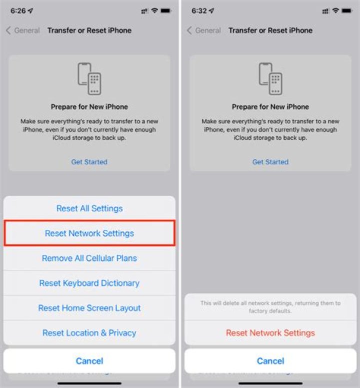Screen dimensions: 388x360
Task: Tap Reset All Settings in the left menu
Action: pos(89,208)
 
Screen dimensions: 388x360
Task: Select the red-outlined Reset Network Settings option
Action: pos(89,233)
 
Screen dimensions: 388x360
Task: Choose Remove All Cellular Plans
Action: pos(89,258)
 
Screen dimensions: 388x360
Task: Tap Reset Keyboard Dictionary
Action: pos(89,283)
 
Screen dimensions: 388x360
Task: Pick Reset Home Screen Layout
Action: pos(89,308)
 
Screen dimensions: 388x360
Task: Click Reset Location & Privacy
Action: pos(89,333)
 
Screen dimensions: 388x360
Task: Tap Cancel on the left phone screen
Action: pos(89,360)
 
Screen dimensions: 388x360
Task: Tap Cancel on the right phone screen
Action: pos(270,360)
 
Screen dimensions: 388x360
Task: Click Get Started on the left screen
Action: pos(89,162)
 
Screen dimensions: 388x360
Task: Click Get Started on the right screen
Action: pos(270,162)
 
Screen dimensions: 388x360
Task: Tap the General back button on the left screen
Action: pos(23,31)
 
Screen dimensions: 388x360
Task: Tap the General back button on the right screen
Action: pos(204,31)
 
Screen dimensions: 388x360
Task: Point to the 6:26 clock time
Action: pos(18,10)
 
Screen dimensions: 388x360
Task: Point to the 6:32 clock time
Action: pos(199,10)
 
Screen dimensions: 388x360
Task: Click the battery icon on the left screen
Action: pos(168,10)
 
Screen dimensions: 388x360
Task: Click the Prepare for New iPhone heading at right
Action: pos(270,107)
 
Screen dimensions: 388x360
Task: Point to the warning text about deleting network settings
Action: pos(270,307)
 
